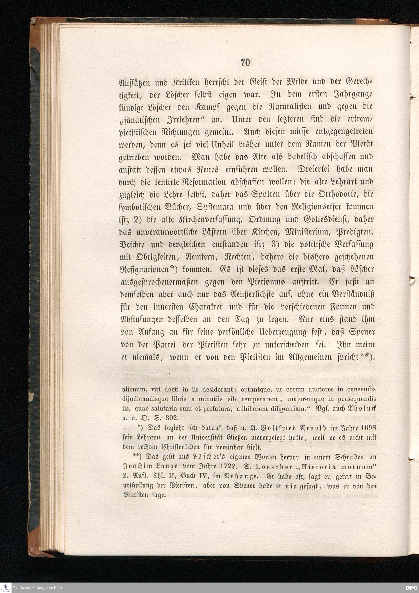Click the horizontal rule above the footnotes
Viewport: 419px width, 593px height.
(146, 374)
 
